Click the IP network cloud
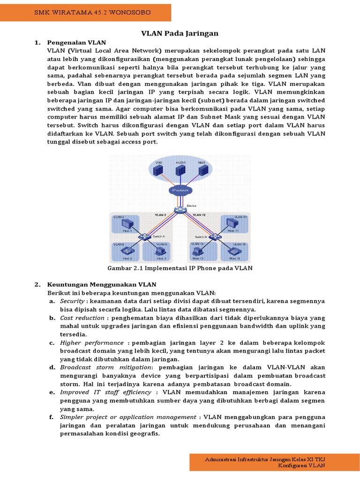pos(180,190)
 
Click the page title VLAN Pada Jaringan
pos(180,33)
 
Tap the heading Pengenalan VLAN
pos(76,43)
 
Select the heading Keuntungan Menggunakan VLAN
pos(102,285)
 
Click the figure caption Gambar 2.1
pos(180,268)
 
